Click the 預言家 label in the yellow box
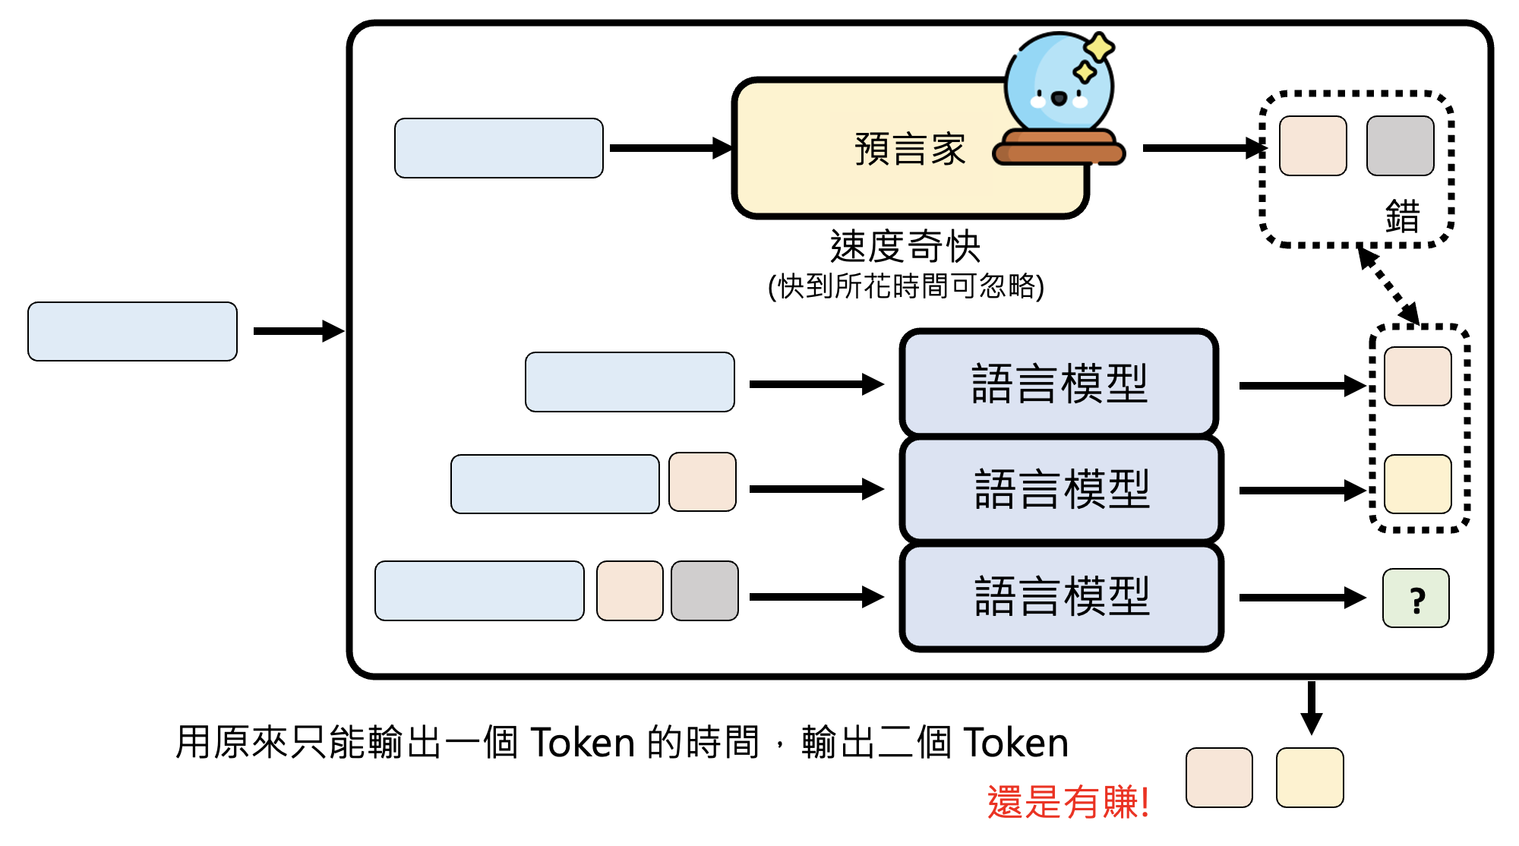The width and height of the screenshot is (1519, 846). pos(909,149)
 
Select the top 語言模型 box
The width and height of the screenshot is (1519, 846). pos(1059,383)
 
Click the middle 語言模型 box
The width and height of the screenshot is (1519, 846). pos(1061,489)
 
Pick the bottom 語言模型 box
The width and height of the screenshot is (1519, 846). pos(1061,596)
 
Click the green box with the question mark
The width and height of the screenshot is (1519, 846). pos(1416,598)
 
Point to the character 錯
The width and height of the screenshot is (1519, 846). pos(1401,216)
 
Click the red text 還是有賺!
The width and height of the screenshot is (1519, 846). pos(1067,802)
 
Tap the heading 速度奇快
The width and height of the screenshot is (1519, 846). pos(905,246)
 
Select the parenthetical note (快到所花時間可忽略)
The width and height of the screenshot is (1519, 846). pos(906,286)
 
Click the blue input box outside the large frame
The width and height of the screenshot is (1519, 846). pos(132,331)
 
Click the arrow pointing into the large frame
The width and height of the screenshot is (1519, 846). pos(298,331)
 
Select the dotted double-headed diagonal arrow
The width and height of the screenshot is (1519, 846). pos(1388,286)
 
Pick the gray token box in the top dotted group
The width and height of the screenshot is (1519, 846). pos(1400,146)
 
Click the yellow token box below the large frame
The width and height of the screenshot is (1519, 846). pos(1309,777)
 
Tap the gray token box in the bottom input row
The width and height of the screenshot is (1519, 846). pos(704,591)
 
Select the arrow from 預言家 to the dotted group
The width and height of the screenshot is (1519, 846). pos(1203,148)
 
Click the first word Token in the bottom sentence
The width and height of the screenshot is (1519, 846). pos(582,743)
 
